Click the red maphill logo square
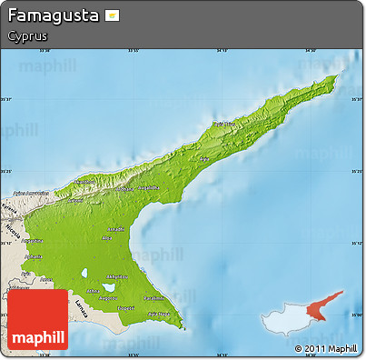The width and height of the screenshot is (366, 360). tap(37, 320)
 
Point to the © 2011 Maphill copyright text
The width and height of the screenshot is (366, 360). tap(324, 348)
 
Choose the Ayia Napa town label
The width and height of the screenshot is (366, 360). tap(160, 314)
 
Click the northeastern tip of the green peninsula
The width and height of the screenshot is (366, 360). tap(335, 77)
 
